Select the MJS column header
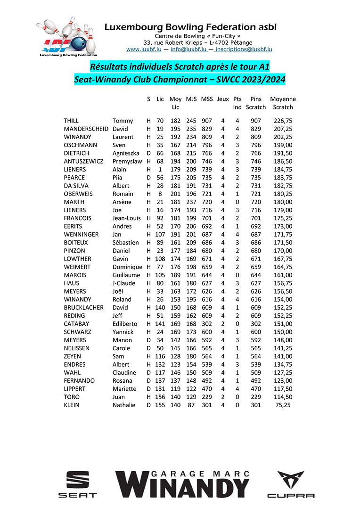tap(191, 99)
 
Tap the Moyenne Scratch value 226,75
tap(283, 121)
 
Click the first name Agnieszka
tap(126, 153)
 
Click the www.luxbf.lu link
tap(144, 49)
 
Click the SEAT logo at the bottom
tap(77, 484)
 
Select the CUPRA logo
tap(291, 484)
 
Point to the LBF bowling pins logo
tap(65, 38)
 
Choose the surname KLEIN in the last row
tap(72, 405)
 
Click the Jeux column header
tap(223, 99)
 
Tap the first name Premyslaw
tap(127, 161)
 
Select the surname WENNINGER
tap(81, 234)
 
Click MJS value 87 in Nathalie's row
tap(191, 405)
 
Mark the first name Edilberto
tap(125, 324)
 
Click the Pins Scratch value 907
tap(256, 121)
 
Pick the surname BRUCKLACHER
tap(83, 307)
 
